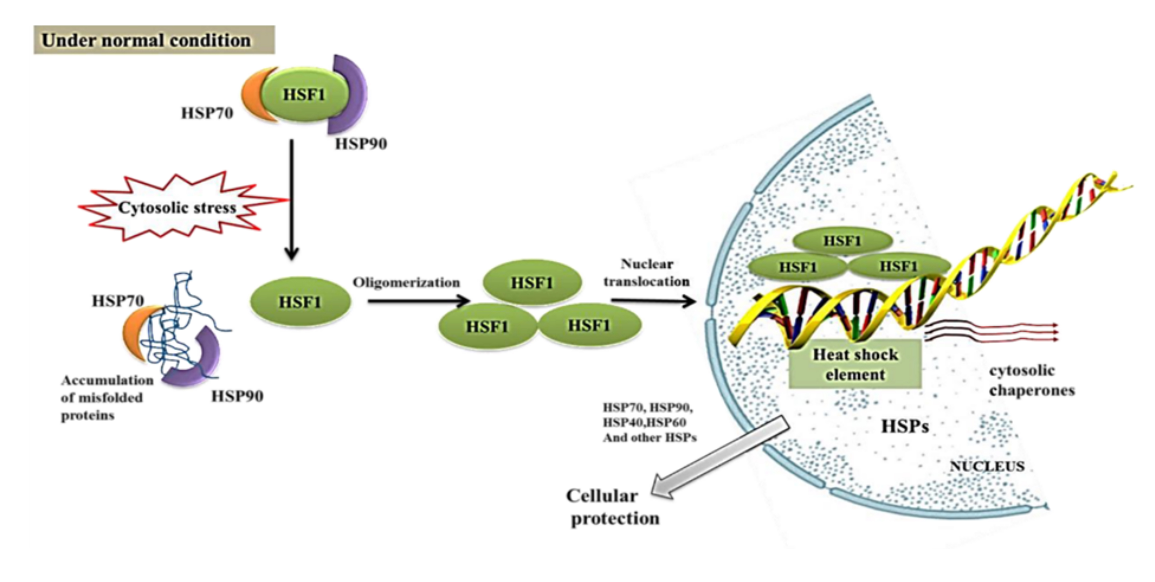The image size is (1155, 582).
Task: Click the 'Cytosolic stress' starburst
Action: tap(177, 207)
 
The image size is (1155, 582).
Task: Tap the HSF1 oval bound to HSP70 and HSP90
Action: tap(304, 94)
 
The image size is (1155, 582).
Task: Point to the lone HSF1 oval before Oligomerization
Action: tap(300, 302)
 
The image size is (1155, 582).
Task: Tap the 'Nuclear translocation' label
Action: tap(647, 272)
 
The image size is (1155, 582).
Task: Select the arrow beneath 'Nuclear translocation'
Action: tap(652, 301)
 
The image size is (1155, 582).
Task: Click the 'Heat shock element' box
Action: tap(855, 364)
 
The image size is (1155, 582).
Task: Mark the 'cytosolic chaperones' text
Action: tap(1031, 381)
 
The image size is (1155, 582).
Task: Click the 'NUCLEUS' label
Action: tap(987, 466)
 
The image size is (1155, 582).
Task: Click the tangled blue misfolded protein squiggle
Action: tap(179, 332)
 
